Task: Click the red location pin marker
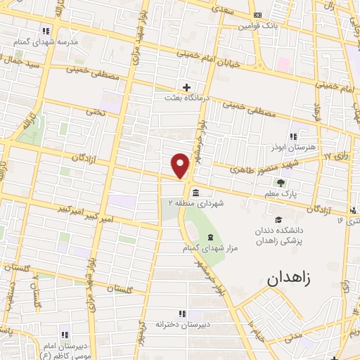(x=181, y=165)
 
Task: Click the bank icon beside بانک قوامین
(x=257, y=14)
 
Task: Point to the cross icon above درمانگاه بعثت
(x=186, y=87)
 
